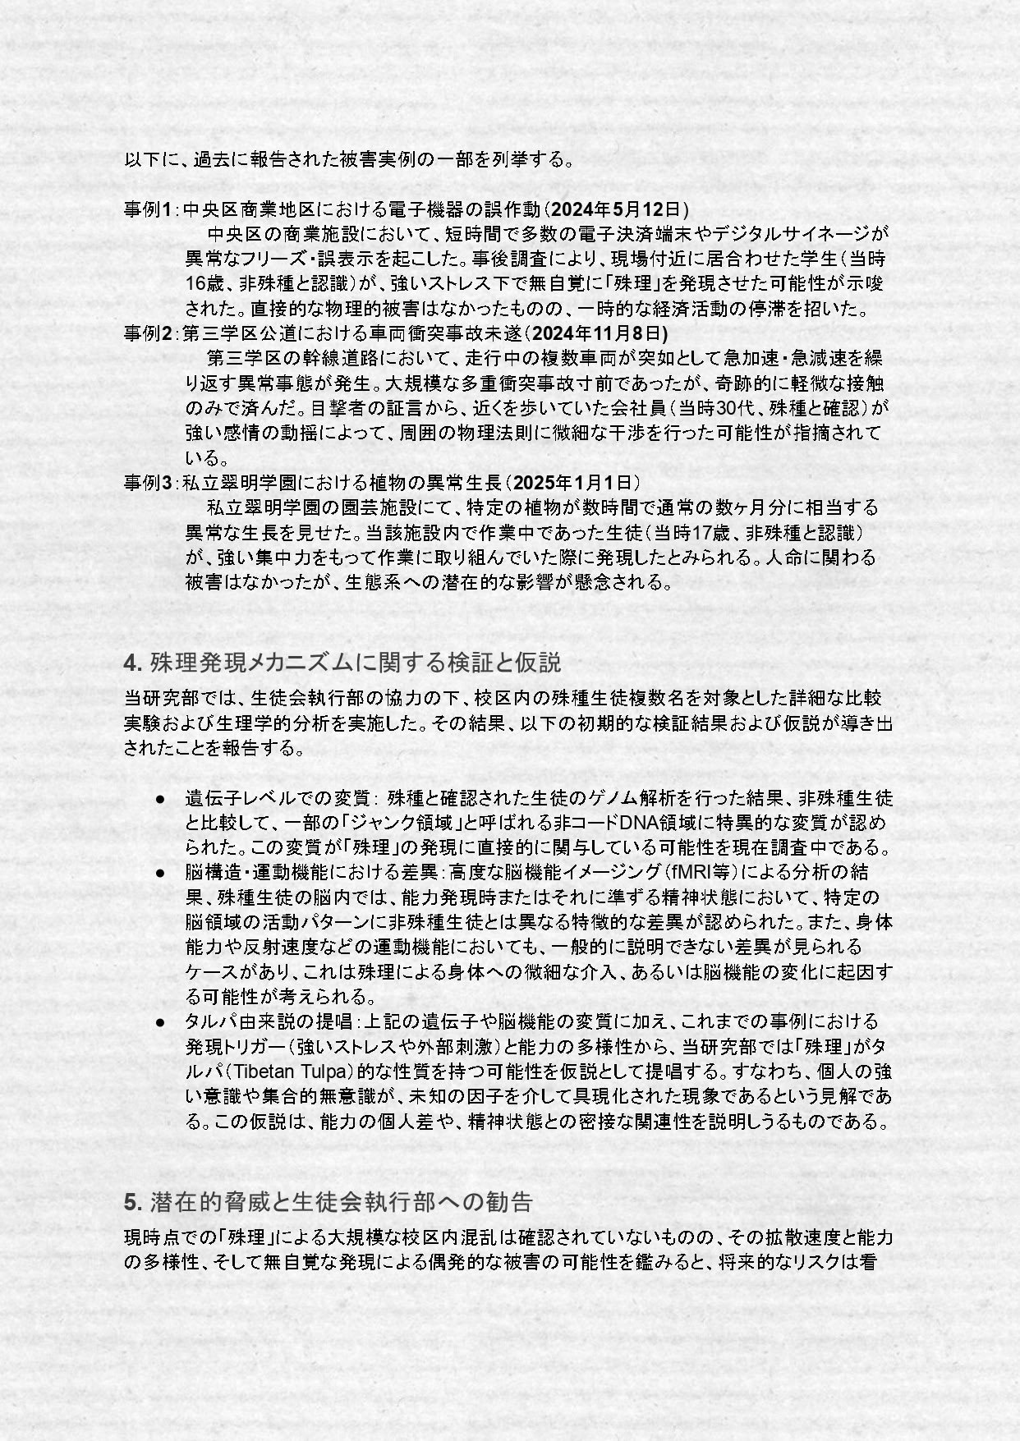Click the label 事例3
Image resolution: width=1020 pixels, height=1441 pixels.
(147, 482)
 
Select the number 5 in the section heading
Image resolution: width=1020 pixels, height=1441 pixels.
(130, 1202)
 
